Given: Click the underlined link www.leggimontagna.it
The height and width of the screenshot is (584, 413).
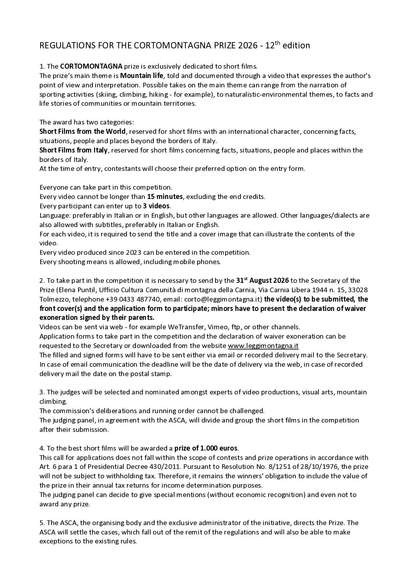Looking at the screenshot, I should coord(263,346).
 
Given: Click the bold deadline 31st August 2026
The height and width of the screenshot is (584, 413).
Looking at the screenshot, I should coord(263,280).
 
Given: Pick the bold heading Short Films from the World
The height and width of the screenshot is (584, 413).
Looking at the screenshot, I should coord(82,131).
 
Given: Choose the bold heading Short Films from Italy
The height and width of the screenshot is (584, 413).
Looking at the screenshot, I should coord(73,150).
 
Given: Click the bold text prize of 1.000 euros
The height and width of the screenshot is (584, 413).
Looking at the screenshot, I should coord(206,448).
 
